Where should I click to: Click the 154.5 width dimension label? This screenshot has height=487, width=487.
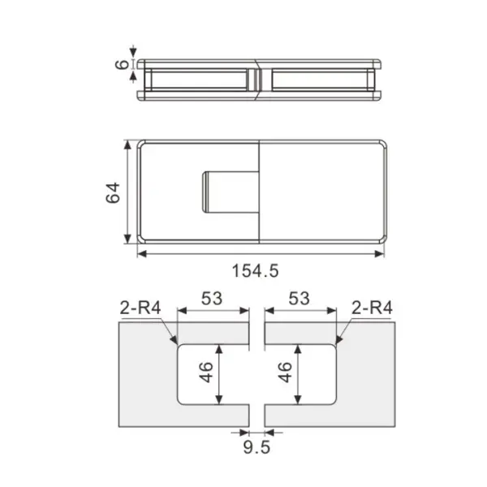point(256,270)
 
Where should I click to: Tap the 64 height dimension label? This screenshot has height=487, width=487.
point(113,193)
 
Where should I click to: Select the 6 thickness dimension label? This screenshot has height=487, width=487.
point(122,64)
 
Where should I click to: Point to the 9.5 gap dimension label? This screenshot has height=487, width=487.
point(256,447)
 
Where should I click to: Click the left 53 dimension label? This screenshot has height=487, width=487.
point(212,299)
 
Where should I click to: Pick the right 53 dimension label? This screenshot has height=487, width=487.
point(299,299)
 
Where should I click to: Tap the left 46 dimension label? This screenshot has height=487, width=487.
point(206,372)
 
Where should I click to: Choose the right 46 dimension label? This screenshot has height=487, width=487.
point(285,372)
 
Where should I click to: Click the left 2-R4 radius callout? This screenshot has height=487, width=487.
point(140,308)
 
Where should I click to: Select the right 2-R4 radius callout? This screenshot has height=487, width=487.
point(372,308)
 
